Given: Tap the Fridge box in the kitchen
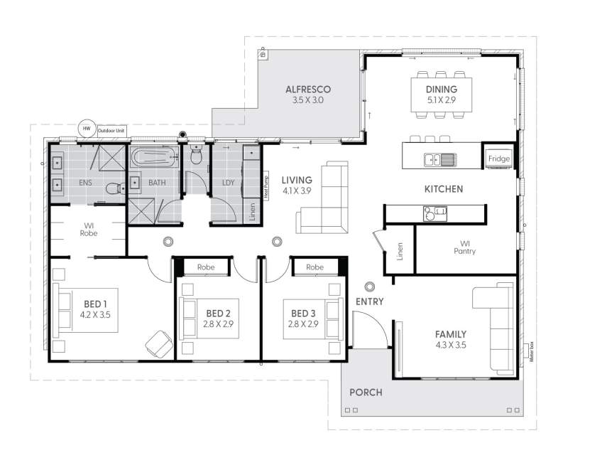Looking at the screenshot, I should click(498, 159).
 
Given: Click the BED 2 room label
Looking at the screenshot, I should click(218, 313).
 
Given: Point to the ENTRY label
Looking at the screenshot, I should click(369, 301).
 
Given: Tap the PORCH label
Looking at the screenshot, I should click(366, 392).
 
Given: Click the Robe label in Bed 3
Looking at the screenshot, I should click(315, 267).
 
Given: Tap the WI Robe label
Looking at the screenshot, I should click(88, 228).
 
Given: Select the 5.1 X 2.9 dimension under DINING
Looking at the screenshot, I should click(441, 101).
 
